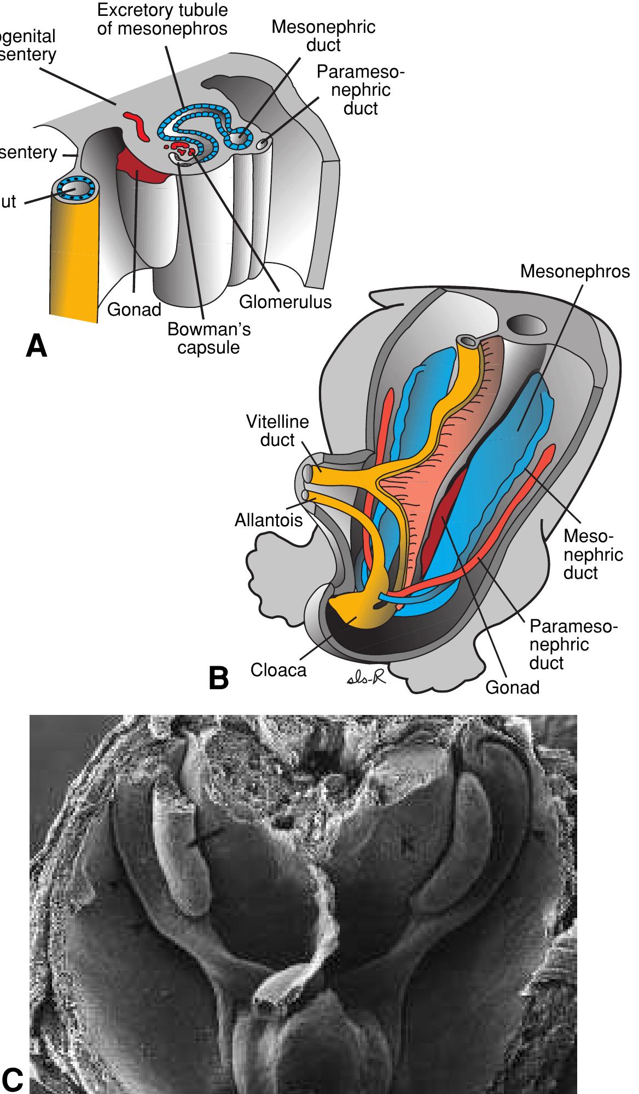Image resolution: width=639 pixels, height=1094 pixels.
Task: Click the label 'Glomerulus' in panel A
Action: click(285, 301)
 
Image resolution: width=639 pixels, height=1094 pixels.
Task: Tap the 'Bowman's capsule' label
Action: click(208, 338)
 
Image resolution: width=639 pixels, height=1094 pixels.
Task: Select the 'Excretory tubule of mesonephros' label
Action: click(162, 19)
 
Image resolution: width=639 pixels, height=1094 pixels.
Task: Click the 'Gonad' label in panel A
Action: click(134, 310)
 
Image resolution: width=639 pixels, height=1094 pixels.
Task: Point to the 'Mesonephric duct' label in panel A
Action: click(323, 36)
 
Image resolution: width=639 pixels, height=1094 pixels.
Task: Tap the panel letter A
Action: click(37, 346)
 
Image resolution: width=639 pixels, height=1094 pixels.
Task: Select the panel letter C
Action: click(12, 1079)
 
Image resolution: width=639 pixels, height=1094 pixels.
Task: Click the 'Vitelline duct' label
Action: click(277, 430)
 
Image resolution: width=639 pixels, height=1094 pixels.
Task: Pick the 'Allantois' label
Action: click(268, 520)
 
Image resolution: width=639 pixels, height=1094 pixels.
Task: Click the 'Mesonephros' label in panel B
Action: click(574, 271)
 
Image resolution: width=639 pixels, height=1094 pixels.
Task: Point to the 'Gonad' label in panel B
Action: click(512, 687)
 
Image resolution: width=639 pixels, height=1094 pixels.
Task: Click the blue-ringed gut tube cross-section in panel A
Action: click(77, 188)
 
